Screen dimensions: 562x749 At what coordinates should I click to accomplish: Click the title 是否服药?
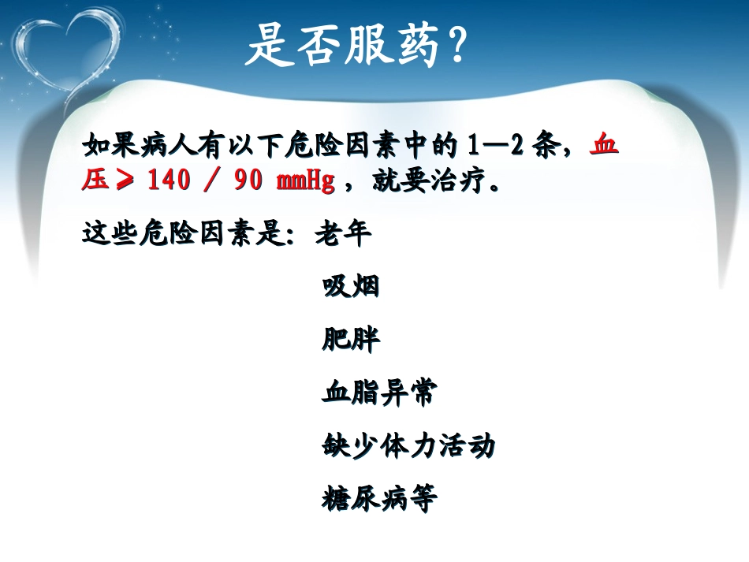click(356, 45)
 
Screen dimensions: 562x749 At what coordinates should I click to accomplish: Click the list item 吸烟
click(351, 287)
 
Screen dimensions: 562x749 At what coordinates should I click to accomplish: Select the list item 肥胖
click(351, 340)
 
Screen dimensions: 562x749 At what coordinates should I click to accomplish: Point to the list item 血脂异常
click(379, 393)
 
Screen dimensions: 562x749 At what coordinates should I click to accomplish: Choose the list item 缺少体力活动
click(409, 446)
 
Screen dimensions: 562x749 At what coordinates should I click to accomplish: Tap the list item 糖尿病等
click(379, 499)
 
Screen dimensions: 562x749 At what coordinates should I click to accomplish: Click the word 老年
click(343, 234)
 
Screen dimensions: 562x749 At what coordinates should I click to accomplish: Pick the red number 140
click(168, 182)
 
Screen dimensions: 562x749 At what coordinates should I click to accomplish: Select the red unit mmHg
click(305, 182)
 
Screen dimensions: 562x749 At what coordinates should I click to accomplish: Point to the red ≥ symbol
click(124, 182)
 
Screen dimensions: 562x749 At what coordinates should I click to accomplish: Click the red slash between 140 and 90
click(211, 182)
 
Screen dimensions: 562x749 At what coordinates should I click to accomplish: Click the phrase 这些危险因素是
click(189, 234)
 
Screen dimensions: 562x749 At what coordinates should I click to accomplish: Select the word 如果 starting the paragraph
click(110, 147)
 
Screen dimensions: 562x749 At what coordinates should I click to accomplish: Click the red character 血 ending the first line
click(605, 147)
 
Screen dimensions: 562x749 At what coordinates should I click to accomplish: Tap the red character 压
click(95, 182)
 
